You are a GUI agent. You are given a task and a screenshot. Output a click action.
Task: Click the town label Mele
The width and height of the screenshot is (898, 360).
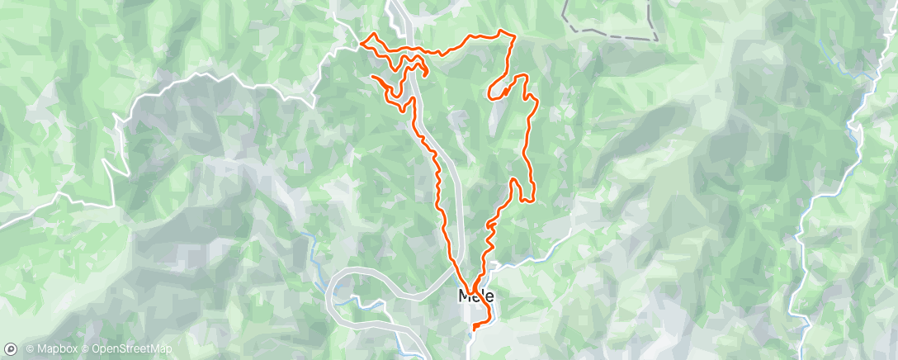click(x=476, y=296)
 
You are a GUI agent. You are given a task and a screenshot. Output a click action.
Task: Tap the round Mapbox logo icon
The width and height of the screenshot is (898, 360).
click(x=11, y=349)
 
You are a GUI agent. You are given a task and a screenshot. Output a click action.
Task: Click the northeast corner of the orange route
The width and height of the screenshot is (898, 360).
click(x=514, y=36)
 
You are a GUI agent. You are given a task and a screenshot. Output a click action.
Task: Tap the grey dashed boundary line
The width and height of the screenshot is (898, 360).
click(x=611, y=35)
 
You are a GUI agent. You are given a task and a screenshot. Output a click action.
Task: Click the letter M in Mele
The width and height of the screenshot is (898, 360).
click(x=464, y=296)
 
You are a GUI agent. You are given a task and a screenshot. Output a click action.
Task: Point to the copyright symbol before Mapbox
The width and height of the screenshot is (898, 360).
click(x=30, y=349)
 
